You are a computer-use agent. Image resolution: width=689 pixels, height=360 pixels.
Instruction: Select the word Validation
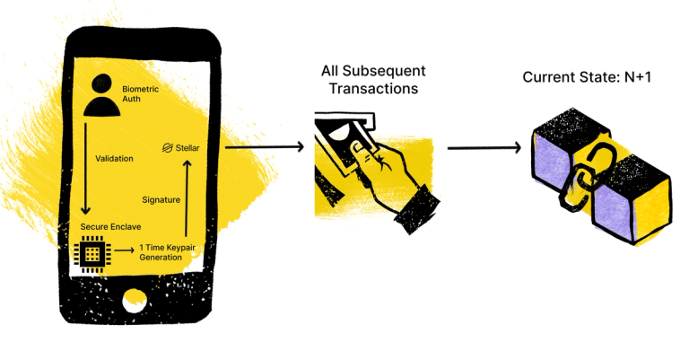[114, 159]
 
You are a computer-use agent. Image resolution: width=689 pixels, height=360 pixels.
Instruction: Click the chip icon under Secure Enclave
[91, 255]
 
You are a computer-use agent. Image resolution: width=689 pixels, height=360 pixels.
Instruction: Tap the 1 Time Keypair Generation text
[165, 252]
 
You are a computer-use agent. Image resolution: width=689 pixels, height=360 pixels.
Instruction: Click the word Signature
[161, 198]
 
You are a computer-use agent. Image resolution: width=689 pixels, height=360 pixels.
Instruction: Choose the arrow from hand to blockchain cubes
[484, 146]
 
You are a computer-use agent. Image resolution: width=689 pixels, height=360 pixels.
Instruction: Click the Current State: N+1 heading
[587, 78]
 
